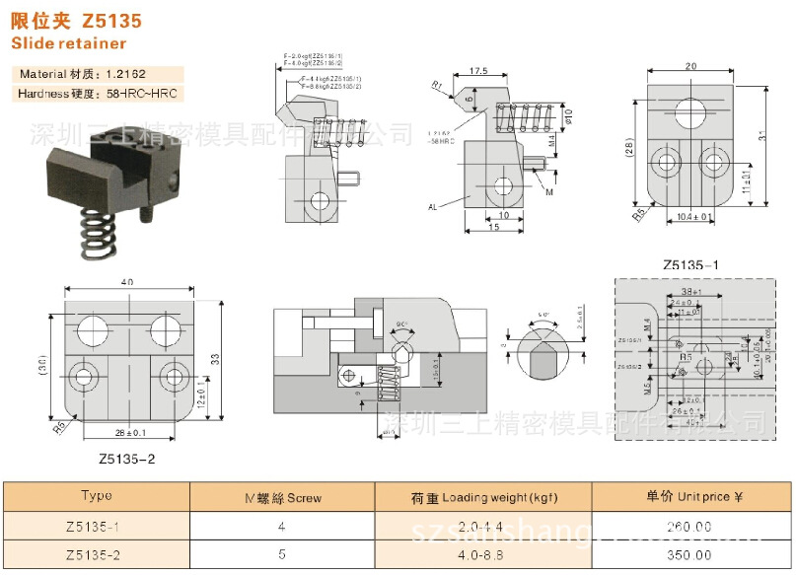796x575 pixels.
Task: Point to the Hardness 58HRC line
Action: (x=99, y=94)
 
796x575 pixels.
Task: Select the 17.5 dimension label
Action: (x=480, y=71)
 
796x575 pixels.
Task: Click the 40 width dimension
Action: (x=128, y=283)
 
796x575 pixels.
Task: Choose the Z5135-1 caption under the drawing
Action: (x=690, y=264)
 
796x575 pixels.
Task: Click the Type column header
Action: (x=97, y=497)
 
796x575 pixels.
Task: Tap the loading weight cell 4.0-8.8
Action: (x=482, y=555)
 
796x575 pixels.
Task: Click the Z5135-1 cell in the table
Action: (x=97, y=527)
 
